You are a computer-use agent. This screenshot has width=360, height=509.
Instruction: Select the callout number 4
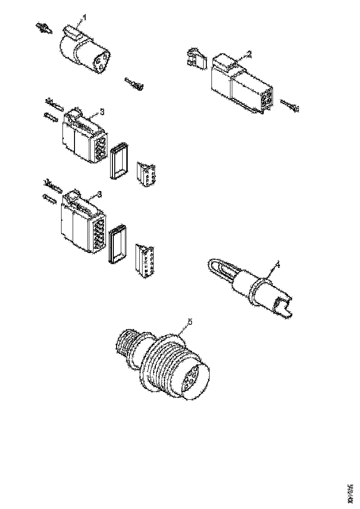pos(278,264)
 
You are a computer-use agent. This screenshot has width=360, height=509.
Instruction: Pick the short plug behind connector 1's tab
pos(44,28)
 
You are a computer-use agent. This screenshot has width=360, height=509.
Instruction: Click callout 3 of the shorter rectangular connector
pos(102,112)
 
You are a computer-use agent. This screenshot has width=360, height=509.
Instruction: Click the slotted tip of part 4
pos(283,308)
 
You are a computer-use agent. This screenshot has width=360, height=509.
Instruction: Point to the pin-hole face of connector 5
pos(193,379)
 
